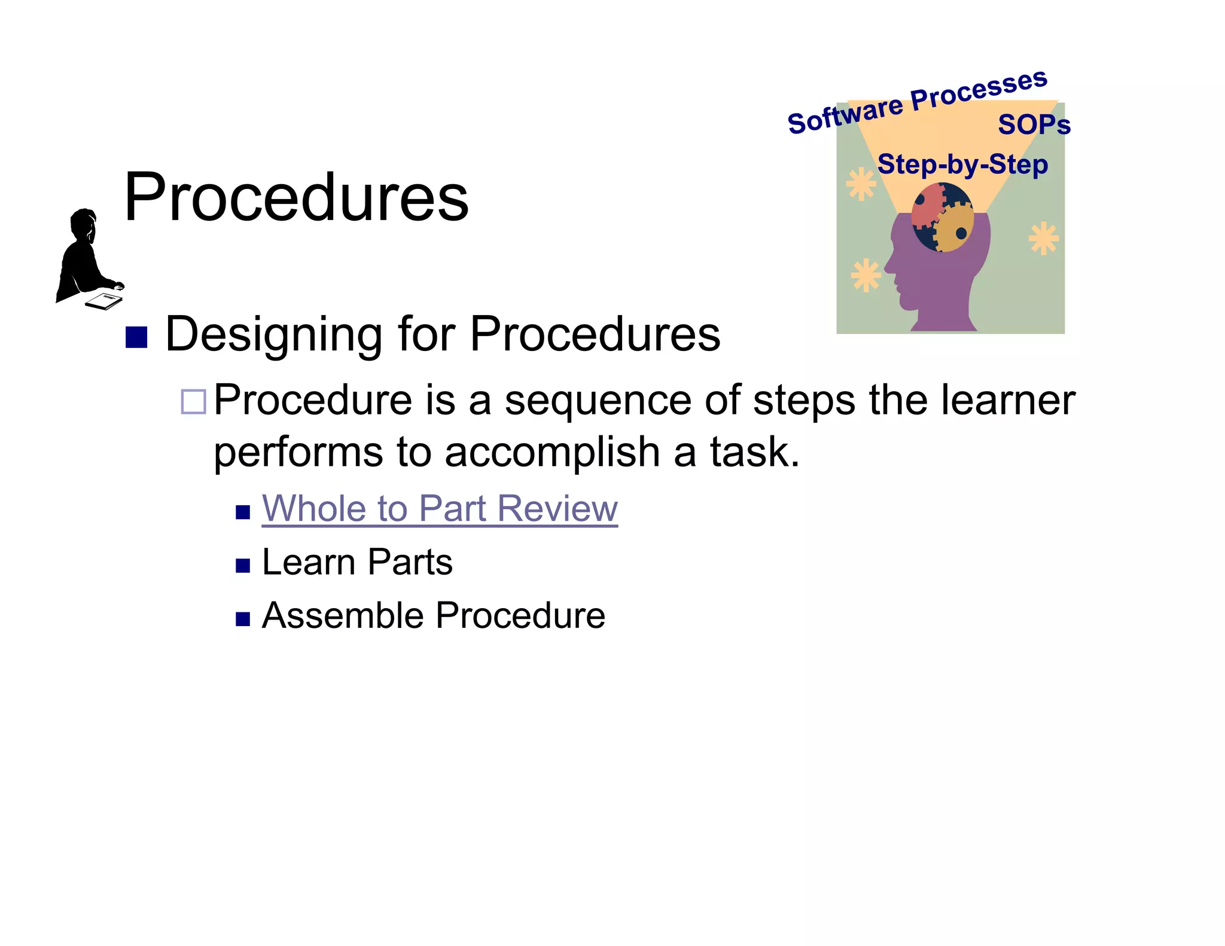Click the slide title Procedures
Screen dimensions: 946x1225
point(296,197)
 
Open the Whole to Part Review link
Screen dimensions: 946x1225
point(440,509)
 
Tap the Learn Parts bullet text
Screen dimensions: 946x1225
point(357,562)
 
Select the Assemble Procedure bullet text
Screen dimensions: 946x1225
point(434,615)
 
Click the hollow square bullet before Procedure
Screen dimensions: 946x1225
point(193,402)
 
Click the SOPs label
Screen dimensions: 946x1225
point(1034,125)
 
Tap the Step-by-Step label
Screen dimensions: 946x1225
point(962,164)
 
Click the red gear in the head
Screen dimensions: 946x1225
point(927,206)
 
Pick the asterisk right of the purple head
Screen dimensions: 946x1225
point(1043,238)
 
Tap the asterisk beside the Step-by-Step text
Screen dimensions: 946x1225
point(861,184)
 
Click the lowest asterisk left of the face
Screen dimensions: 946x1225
point(866,276)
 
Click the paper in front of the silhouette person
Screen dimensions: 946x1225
point(104,300)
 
